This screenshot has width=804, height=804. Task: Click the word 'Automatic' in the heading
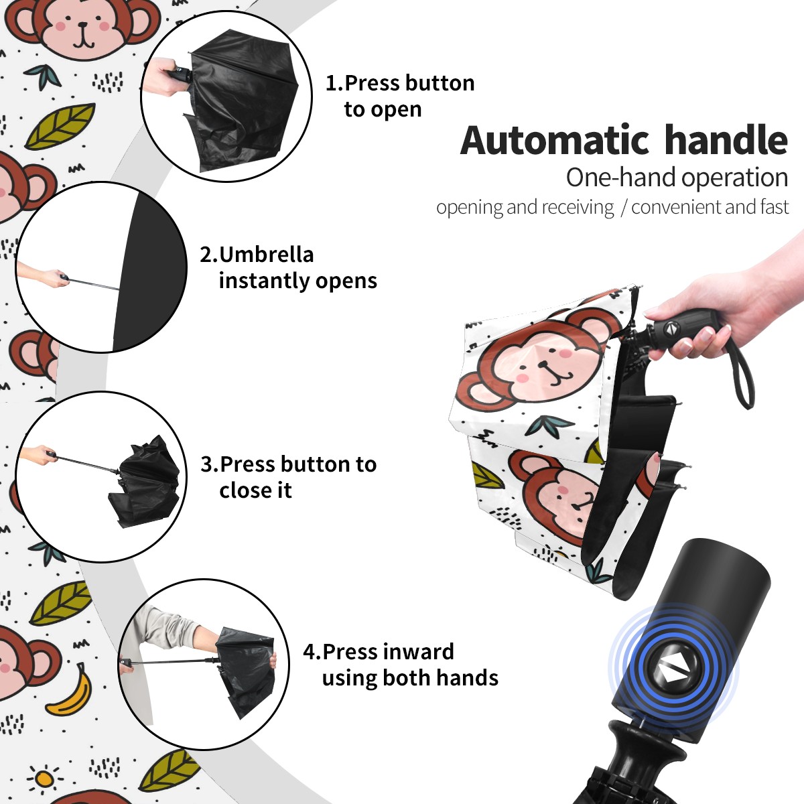coord(555,140)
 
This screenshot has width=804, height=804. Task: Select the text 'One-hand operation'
coord(677,178)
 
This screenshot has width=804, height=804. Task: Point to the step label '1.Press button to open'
coord(400,96)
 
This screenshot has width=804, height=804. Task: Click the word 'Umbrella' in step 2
coord(266,255)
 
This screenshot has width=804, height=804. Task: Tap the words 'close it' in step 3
coord(255,490)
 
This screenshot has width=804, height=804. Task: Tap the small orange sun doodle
coord(44,779)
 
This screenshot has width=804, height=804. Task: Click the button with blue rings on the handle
coord(673,672)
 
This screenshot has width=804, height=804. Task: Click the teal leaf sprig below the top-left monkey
coord(43,76)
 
